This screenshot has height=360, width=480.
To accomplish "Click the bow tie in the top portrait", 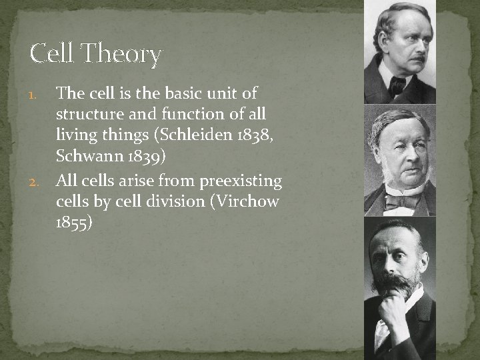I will coord(399,85).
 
